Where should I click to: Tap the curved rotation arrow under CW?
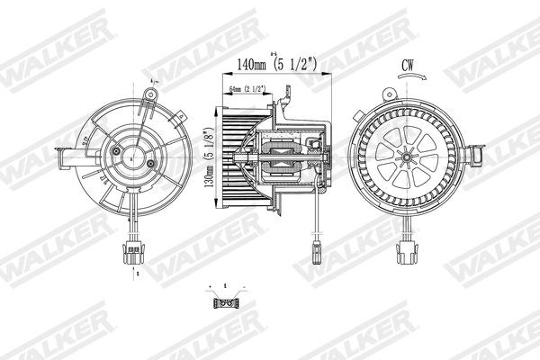409,80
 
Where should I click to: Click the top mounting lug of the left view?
149,93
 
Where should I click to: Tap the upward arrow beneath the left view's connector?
135,269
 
